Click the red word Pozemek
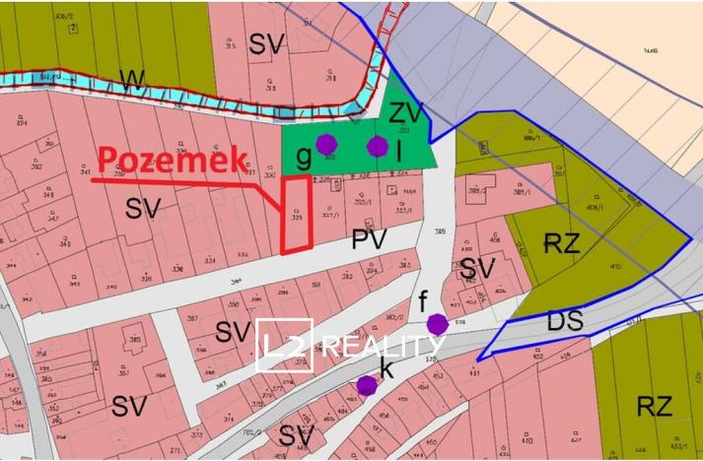pyautogui.click(x=174, y=161)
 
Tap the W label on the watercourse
pyautogui.click(x=129, y=78)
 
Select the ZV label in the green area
pyautogui.click(x=406, y=110)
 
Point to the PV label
pyautogui.click(x=367, y=238)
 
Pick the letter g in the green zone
pyautogui.click(x=305, y=156)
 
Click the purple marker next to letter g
pyautogui.click(x=326, y=145)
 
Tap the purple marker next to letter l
pyautogui.click(x=378, y=147)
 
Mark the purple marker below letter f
pyautogui.click(x=438, y=323)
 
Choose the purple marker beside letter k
pyautogui.click(x=366, y=385)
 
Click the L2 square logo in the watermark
pyautogui.click(x=284, y=346)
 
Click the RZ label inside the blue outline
pyautogui.click(x=562, y=244)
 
